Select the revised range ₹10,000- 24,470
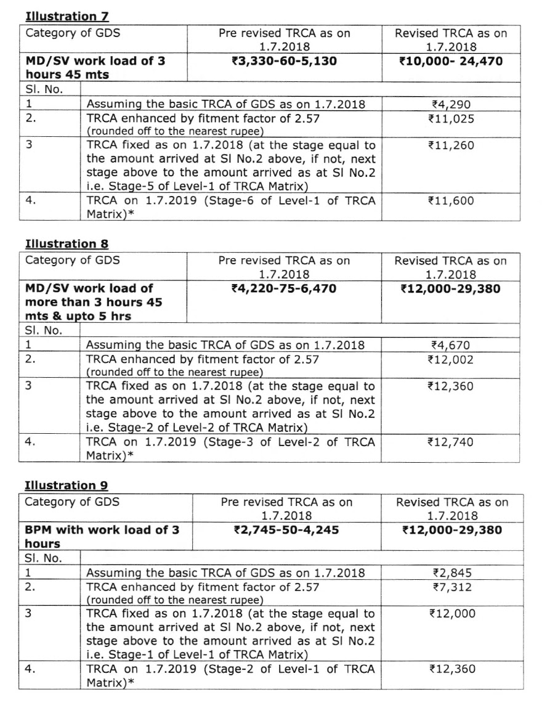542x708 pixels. (x=451, y=61)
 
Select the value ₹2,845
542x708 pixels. (x=452, y=573)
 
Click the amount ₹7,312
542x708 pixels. (x=452, y=587)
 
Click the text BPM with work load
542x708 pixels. (x=102, y=530)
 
